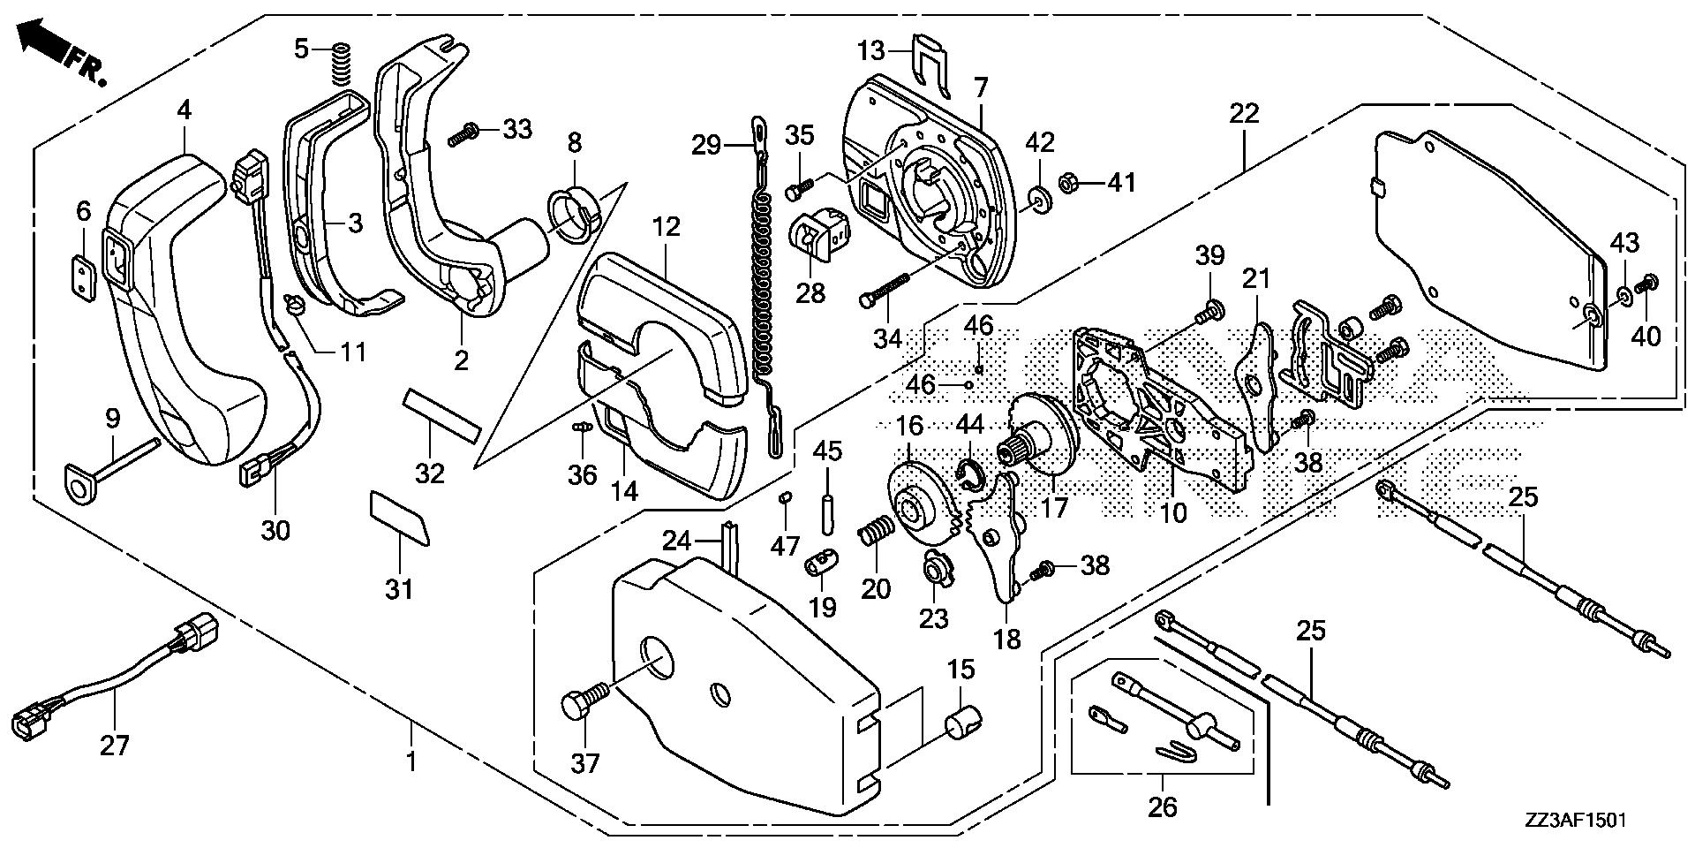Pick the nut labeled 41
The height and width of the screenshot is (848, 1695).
[1069, 184]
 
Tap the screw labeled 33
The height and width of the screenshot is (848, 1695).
[464, 135]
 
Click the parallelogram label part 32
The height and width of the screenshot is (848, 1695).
[440, 417]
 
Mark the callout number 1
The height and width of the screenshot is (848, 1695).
[411, 760]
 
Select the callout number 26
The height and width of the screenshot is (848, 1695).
[1163, 807]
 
